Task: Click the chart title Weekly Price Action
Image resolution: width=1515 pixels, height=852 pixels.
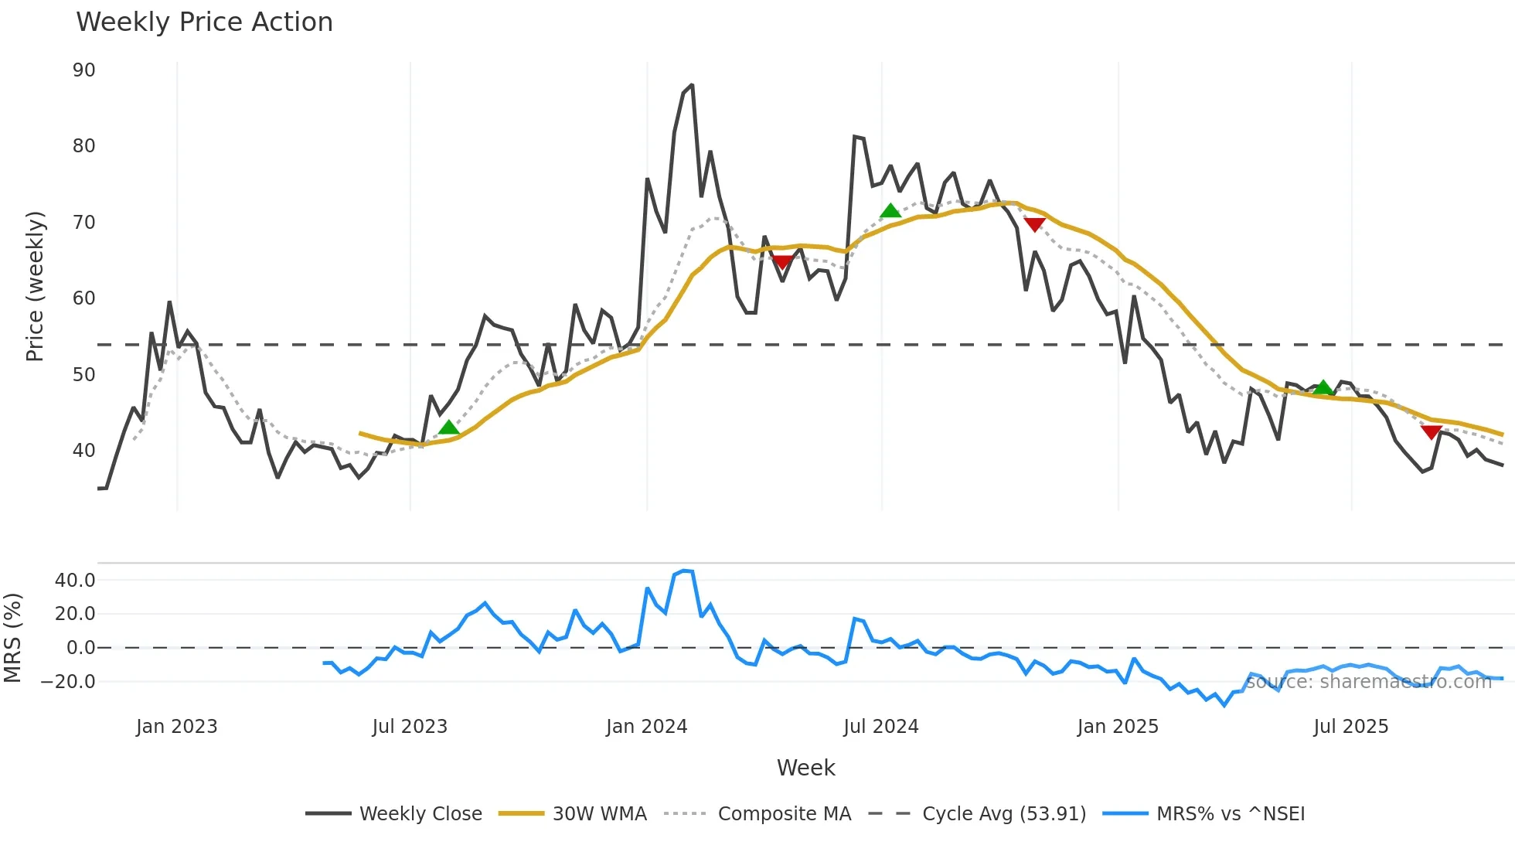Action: (204, 22)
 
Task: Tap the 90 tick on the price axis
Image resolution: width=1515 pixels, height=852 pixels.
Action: (83, 70)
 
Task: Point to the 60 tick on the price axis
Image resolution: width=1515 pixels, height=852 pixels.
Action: (83, 298)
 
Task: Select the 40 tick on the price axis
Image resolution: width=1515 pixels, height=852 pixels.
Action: (83, 451)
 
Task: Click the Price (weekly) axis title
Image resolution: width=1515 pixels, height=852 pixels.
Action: (36, 286)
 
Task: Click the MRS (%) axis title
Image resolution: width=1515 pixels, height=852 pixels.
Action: (12, 638)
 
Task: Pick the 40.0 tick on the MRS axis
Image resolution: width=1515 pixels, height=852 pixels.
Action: (75, 581)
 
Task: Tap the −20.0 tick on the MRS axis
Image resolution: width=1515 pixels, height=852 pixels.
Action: (69, 682)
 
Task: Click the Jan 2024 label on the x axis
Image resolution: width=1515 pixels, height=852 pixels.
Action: (646, 727)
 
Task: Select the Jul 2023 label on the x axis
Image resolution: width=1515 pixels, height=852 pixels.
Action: (410, 727)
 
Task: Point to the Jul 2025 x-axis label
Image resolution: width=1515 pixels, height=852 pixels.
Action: (1350, 727)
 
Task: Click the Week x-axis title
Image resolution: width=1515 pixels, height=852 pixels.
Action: (805, 768)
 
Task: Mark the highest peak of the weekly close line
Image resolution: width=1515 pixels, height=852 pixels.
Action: (691, 85)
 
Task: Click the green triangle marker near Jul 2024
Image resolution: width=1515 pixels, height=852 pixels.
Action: (890, 210)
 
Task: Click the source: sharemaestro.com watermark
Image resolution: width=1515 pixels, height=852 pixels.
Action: (1368, 682)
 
